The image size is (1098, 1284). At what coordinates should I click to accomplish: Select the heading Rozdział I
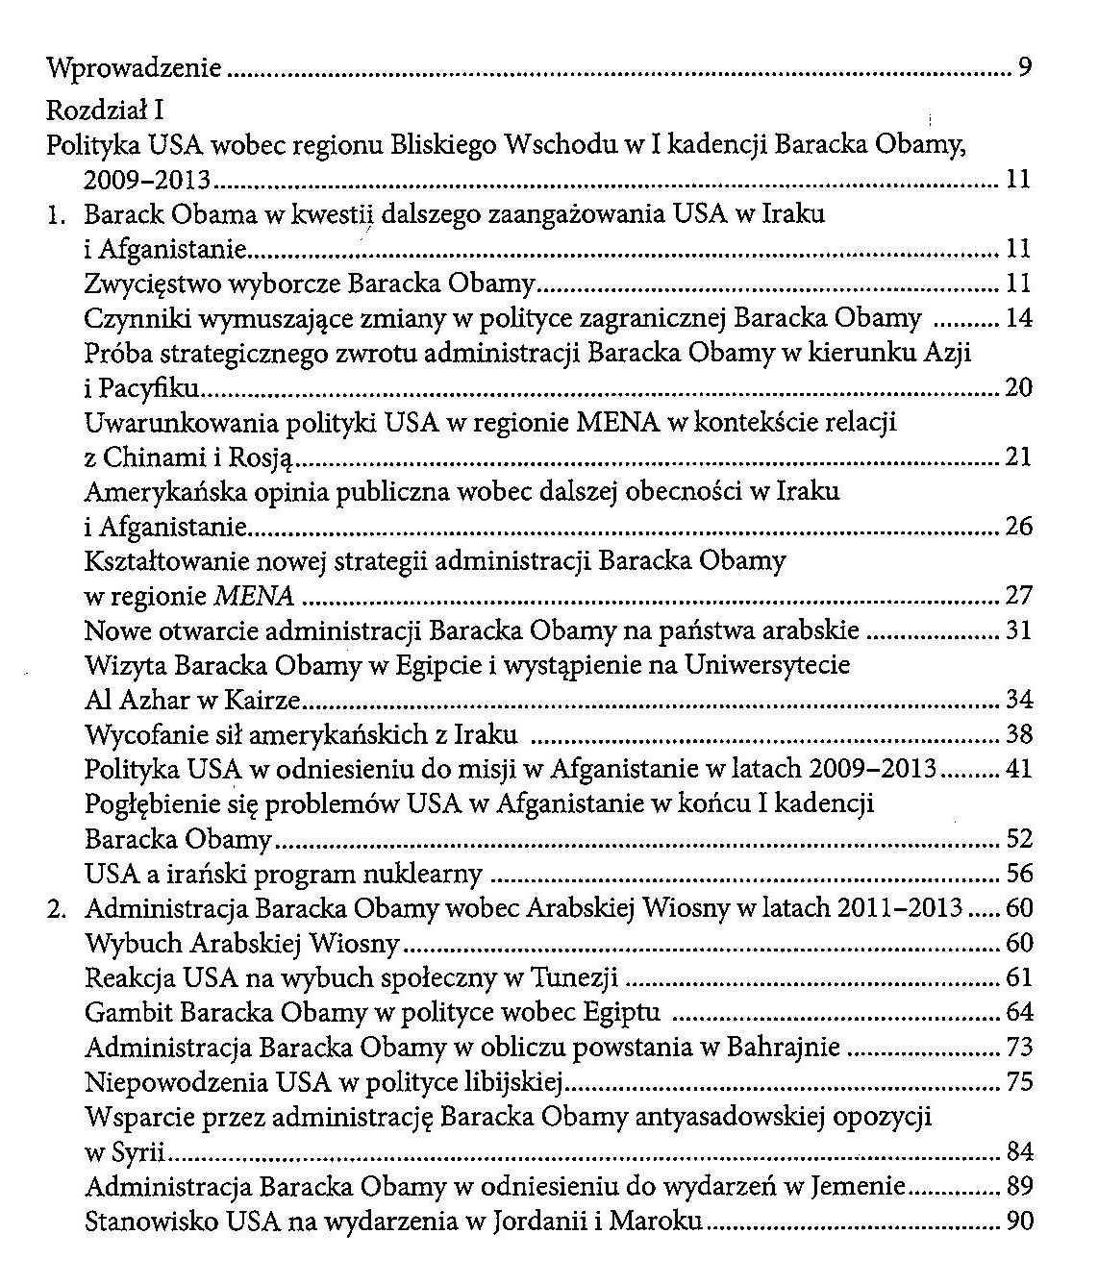106,111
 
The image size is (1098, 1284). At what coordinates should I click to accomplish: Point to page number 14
1017,318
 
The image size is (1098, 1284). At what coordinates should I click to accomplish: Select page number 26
1017,527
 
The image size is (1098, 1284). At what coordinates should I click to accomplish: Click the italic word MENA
253,597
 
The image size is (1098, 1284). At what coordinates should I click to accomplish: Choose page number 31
1017,631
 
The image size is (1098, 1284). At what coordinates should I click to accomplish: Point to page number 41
1017,770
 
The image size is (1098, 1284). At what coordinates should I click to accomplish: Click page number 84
1017,1152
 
